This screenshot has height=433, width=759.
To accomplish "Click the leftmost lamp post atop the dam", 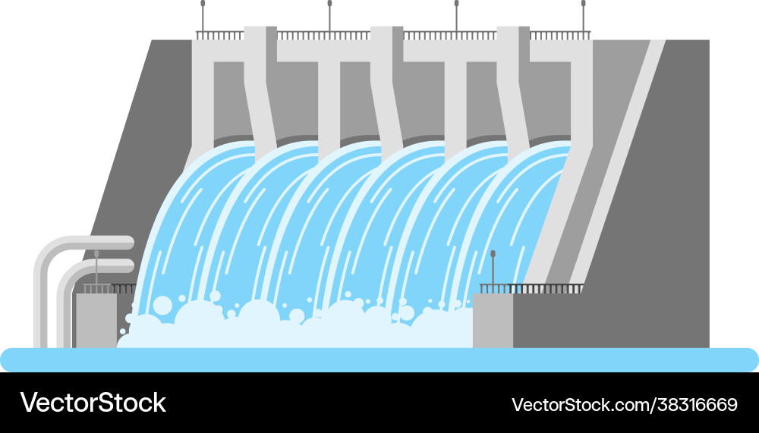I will coord(203,15).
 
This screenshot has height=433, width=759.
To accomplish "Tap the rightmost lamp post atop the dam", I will coord(583,15).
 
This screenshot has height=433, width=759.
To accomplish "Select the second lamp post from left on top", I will coord(329,15).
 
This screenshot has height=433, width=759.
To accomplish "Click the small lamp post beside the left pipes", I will coord(96,267).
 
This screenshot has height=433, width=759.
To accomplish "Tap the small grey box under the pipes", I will coord(96,318).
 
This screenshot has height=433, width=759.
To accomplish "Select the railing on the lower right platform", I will coord(531,289).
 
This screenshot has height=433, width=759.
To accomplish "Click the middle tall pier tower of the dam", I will coord(386,83).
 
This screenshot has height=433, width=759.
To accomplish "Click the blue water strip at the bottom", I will coord(379,359).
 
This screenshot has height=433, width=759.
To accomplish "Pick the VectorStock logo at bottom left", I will coord(93,403).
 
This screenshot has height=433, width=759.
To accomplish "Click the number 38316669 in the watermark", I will coord(698,404).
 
